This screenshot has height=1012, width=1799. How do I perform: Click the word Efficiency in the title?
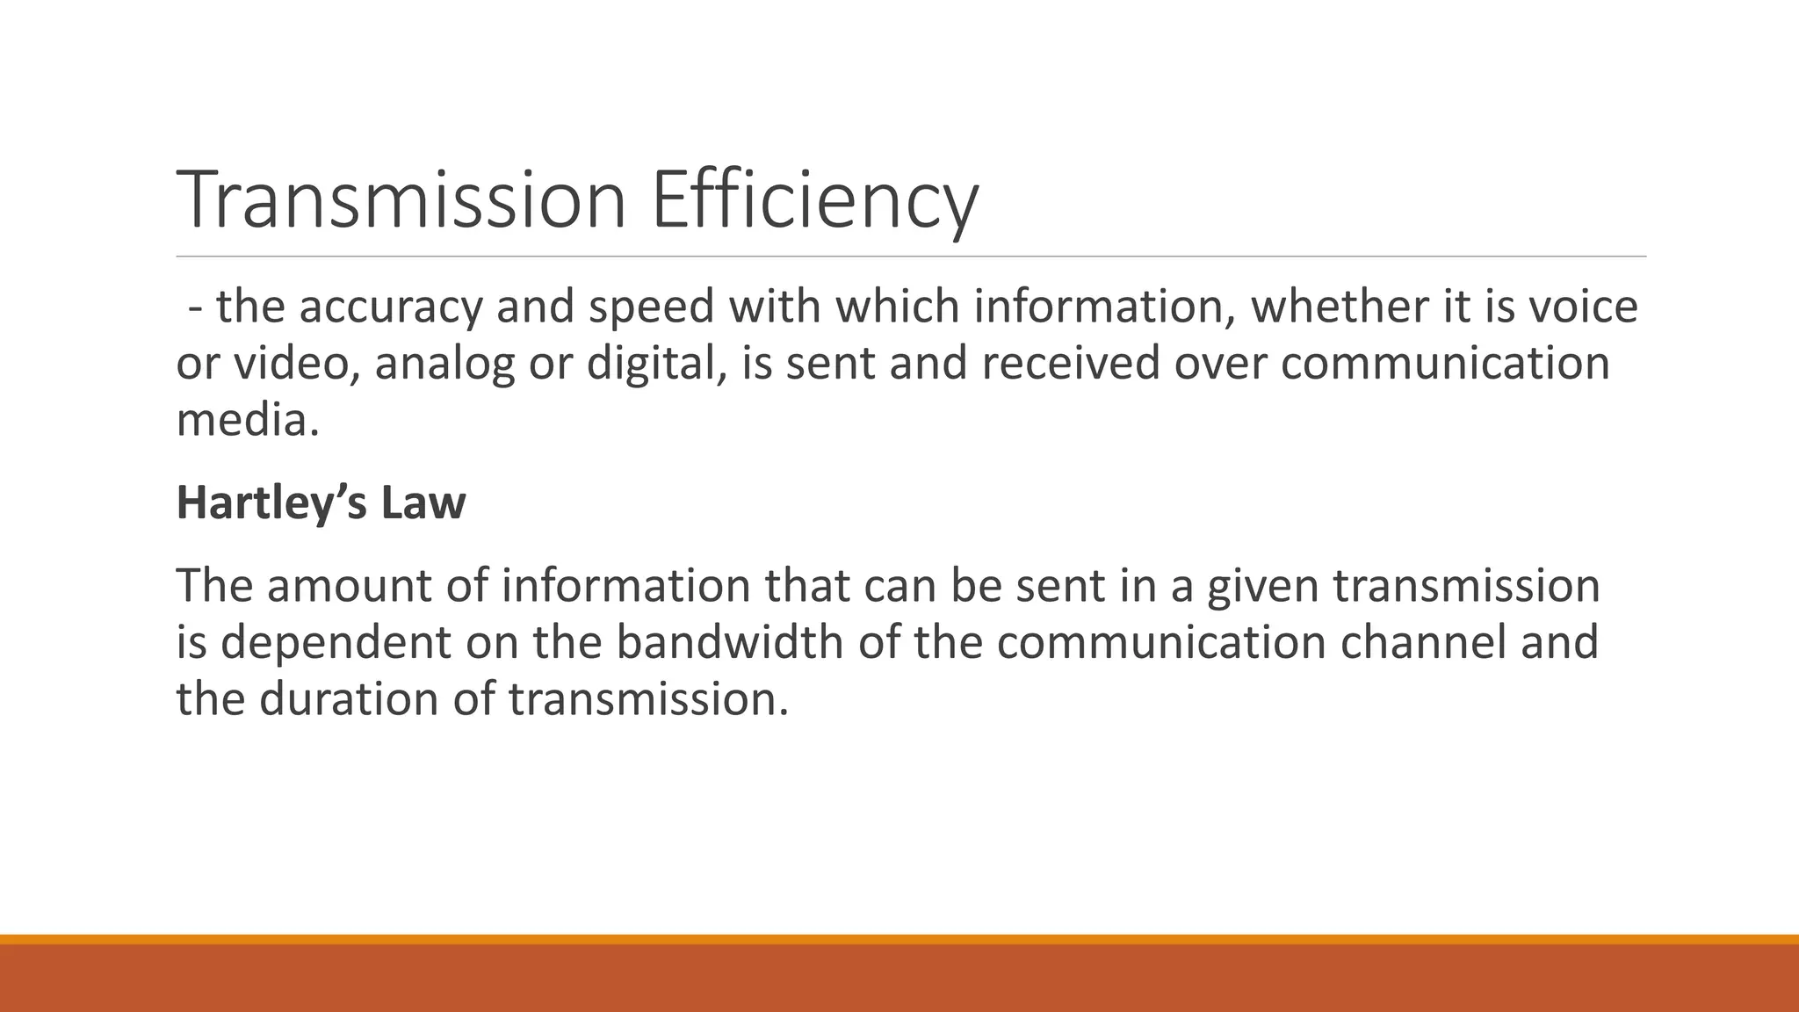pos(814,200)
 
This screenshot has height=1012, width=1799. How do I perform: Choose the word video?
pos(295,364)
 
